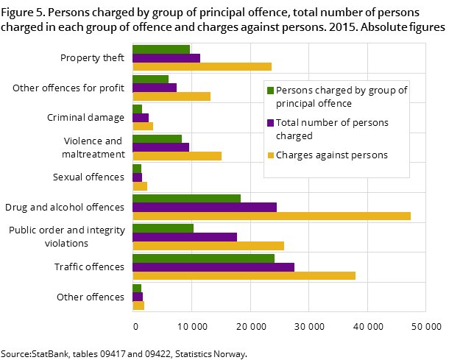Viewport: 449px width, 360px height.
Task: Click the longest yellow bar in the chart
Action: [271, 216]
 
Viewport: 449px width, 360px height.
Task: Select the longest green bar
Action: [203, 258]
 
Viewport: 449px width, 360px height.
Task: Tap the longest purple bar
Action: [213, 267]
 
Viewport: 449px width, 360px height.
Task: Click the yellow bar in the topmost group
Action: [202, 66]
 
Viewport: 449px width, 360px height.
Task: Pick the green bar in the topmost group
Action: [161, 49]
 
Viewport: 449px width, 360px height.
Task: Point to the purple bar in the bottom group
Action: [138, 297]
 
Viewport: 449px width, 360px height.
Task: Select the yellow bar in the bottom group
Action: [138, 306]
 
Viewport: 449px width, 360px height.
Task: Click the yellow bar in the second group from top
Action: [172, 96]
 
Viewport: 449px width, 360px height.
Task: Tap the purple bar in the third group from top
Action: [141, 118]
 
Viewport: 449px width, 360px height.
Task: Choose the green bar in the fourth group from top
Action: [157, 138]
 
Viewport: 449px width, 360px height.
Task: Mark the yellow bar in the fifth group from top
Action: [140, 186]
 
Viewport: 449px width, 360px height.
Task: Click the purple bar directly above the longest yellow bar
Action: [205, 208]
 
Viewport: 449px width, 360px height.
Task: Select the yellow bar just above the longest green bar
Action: [208, 246]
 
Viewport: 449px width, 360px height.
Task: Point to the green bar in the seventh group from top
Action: [163, 228]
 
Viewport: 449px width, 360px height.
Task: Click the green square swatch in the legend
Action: [270, 91]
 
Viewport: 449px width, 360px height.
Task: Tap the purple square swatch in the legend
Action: [270, 123]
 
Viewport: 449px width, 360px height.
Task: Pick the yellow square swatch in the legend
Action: [270, 155]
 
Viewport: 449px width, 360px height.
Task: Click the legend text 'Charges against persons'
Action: [331, 155]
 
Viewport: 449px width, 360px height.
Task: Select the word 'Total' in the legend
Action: [289, 123]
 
